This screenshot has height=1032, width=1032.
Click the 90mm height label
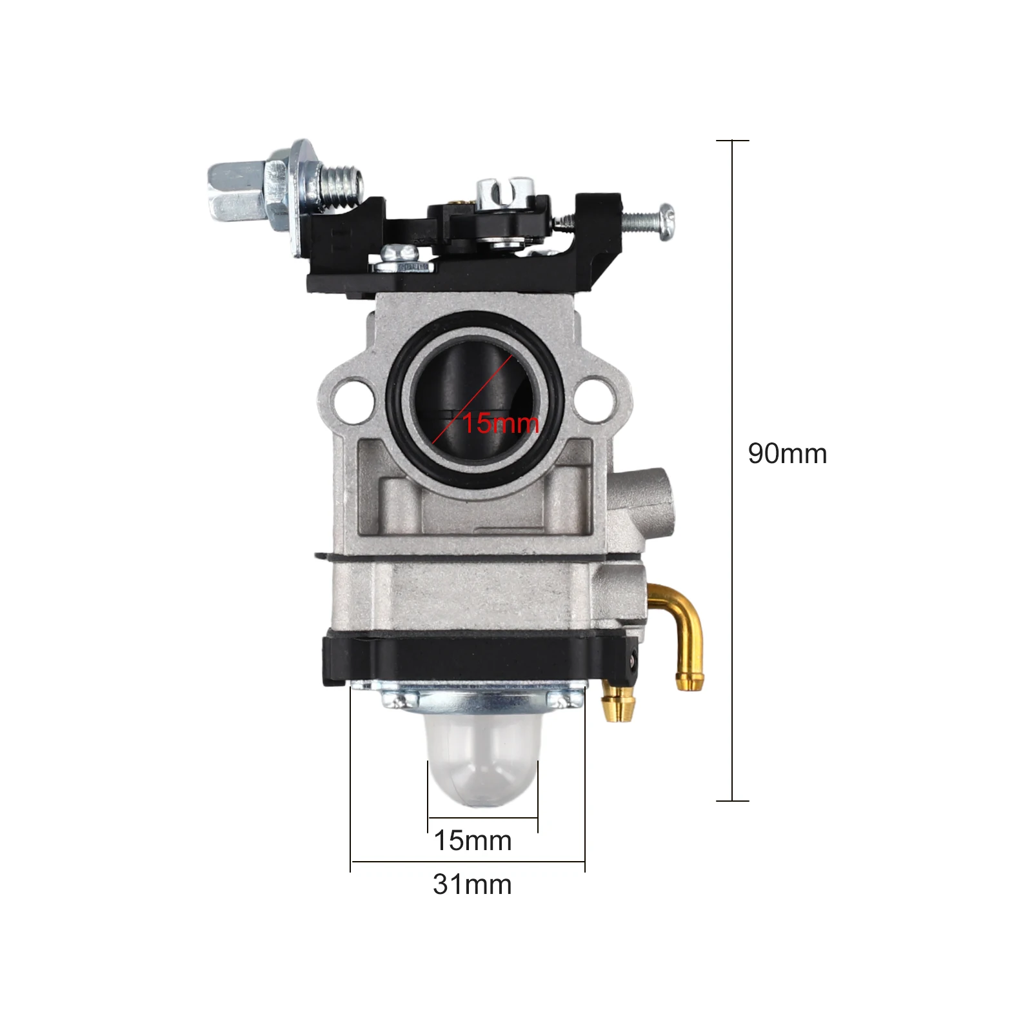[x=787, y=453]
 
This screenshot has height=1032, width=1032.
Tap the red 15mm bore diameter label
[x=501, y=423]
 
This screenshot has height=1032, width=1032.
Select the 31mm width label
[x=472, y=884]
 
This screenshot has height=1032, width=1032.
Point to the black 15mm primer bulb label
[x=473, y=840]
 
